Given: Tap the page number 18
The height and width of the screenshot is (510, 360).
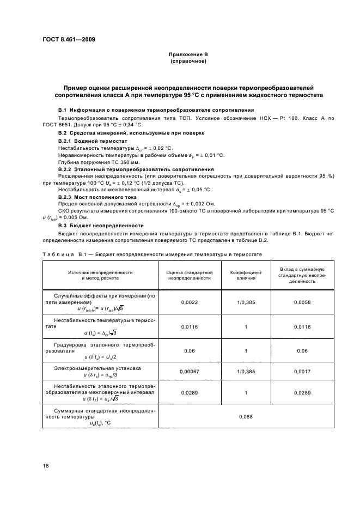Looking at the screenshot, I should [x=45, y=465].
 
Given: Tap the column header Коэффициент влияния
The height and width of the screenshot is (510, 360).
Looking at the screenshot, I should [x=246, y=274].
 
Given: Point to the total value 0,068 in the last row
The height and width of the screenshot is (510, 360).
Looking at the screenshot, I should [x=246, y=417].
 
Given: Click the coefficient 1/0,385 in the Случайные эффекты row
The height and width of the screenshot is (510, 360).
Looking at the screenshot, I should [x=246, y=301].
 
